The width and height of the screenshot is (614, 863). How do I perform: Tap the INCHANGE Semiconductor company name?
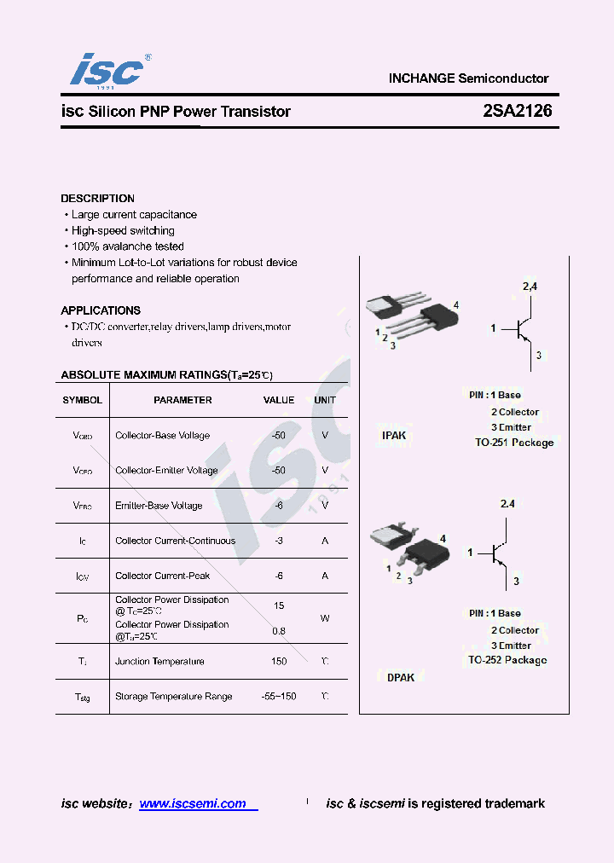click(x=468, y=78)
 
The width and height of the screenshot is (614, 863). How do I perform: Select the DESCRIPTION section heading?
click(x=97, y=199)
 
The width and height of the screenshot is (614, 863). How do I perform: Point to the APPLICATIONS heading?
click(x=101, y=310)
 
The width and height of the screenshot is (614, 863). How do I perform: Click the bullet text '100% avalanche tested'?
click(x=127, y=246)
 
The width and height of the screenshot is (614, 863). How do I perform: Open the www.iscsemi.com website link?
click(x=193, y=803)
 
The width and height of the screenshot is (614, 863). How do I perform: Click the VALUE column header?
click(x=279, y=400)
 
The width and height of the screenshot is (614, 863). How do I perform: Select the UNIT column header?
click(x=325, y=400)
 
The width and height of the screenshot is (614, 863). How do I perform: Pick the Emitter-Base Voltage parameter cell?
click(x=159, y=506)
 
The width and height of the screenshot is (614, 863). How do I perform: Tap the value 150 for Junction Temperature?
click(x=279, y=662)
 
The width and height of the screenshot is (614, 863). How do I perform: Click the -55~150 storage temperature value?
click(x=279, y=697)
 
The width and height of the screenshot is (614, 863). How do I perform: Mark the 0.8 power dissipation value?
click(x=279, y=631)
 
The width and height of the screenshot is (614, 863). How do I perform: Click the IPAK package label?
click(x=394, y=436)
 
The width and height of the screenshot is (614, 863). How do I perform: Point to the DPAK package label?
click(x=401, y=677)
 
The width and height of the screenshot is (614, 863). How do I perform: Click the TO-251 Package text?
click(x=514, y=443)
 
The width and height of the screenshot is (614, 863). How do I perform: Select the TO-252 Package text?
click(x=507, y=660)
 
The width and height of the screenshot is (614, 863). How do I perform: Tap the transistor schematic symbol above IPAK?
click(x=522, y=328)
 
